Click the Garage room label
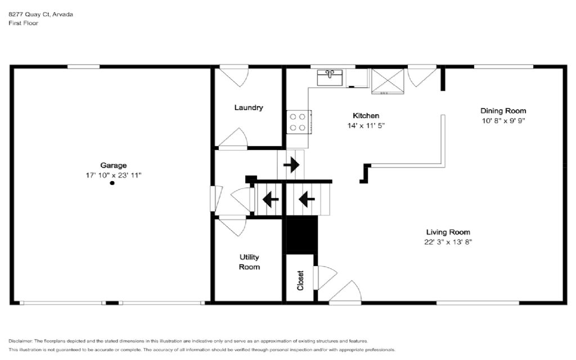pos(114,165)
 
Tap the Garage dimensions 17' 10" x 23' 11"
pos(114,175)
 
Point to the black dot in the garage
pos(112,183)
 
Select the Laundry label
pos(249,107)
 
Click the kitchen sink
pos(330,78)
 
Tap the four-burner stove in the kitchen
pos(299,122)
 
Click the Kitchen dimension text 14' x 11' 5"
pos(366,125)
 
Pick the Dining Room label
pos(503,111)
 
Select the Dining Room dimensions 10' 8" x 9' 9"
pos(503,120)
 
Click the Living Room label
pos(448,232)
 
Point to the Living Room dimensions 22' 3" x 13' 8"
pos(448,242)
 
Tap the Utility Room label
pos(249,262)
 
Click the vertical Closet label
pos(300,281)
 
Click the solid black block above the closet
pos(301,235)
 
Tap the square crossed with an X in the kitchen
pos(388,81)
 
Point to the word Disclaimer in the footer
pos(20,341)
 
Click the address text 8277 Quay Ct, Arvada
pos(40,14)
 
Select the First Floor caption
pos(24,22)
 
